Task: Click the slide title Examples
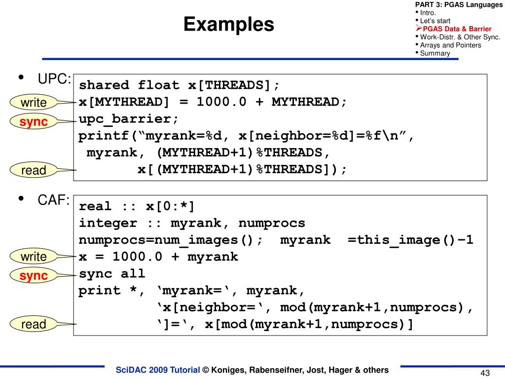click(228, 24)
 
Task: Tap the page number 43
click(485, 373)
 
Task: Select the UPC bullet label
click(55, 79)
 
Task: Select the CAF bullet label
click(54, 200)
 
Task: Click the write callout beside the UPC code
click(34, 103)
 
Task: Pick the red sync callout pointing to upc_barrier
click(34, 122)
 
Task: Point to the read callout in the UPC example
click(34, 170)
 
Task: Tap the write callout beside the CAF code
click(34, 257)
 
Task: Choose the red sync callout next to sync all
click(34, 276)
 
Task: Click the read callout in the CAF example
click(34, 324)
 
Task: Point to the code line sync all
click(112, 273)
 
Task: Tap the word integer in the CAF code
click(108, 223)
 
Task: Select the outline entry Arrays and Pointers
click(450, 45)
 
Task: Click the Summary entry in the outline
click(435, 53)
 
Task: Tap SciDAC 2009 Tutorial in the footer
click(157, 370)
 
